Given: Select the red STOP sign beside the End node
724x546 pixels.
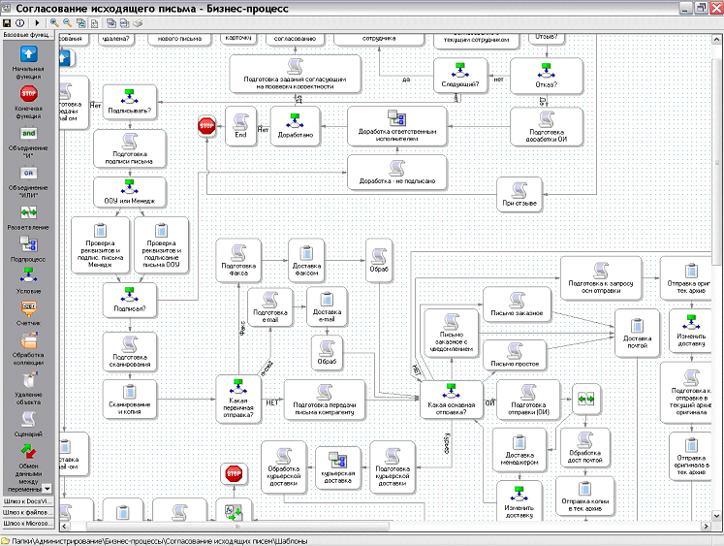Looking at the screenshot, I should click(206, 126).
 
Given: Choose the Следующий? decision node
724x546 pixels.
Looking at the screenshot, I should click(459, 74).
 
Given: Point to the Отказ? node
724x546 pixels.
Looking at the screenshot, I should click(547, 74).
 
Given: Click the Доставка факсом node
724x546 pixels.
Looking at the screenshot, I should click(306, 262).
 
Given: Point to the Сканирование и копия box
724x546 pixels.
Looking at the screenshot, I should click(130, 399).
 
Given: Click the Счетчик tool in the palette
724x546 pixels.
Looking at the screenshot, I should click(28, 312).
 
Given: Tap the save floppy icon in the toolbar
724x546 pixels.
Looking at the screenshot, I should click(7, 21).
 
